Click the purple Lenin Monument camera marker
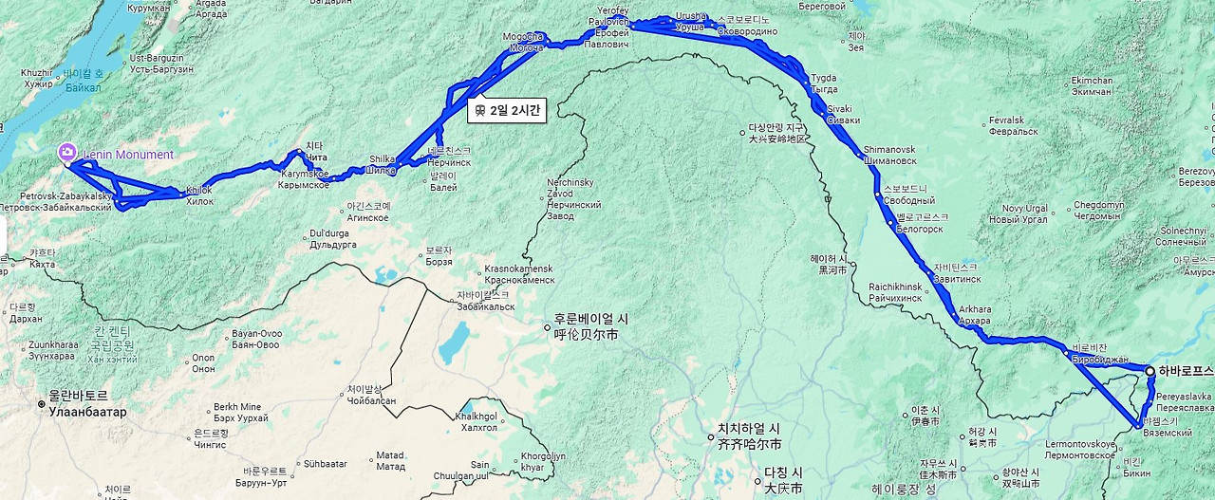pos(67,153)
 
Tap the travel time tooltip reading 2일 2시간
pos(507,110)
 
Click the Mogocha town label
pos(524,42)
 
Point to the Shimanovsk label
pos(889,155)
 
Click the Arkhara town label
pos(975,315)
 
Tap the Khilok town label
pos(199,195)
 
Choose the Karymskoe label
pos(305,179)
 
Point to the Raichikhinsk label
pos(895,292)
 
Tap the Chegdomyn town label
pos(1099,210)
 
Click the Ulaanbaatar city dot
pos(42,404)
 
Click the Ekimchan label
pos(1091,85)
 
